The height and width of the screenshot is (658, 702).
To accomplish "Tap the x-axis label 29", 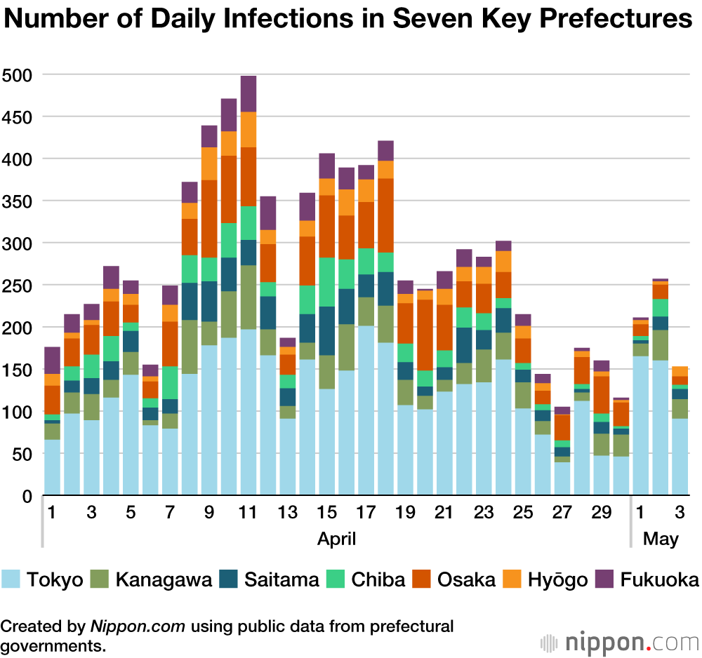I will (x=602, y=513).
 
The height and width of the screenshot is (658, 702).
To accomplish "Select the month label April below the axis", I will (x=336, y=539).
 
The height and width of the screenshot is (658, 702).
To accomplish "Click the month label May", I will (x=661, y=539).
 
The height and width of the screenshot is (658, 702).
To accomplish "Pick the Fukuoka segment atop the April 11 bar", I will (x=249, y=93).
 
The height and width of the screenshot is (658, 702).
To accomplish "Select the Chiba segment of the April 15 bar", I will (x=327, y=282).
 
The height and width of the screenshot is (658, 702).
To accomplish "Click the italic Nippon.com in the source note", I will (x=138, y=626).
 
